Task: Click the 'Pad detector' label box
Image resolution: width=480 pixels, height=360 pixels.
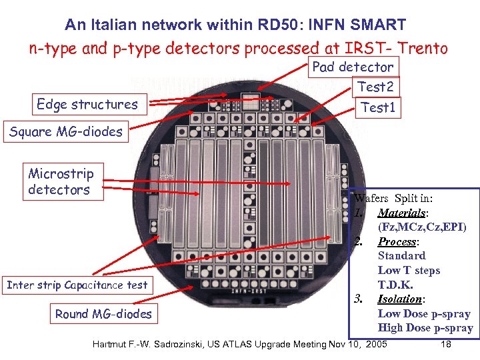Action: pyautogui.click(x=353, y=67)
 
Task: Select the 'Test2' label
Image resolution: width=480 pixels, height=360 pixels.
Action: pyautogui.click(x=375, y=87)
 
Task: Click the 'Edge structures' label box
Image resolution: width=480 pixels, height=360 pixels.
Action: pyautogui.click(x=87, y=105)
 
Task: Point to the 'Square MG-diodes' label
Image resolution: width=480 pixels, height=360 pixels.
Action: pyautogui.click(x=66, y=131)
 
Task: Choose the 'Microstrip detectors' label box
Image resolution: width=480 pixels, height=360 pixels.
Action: pyautogui.click(x=61, y=182)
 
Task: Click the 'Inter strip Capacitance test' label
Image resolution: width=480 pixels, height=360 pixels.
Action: pyautogui.click(x=77, y=285)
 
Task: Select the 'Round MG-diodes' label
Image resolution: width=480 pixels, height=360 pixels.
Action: pyautogui.click(x=103, y=314)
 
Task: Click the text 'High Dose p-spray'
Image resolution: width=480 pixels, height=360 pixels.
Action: pyautogui.click(x=425, y=328)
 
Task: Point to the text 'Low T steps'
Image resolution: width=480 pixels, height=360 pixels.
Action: pyautogui.click(x=409, y=271)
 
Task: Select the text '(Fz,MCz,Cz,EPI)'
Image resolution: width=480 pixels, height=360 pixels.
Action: pyautogui.click(x=422, y=227)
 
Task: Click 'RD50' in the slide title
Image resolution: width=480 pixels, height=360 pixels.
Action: pyautogui.click(x=259, y=25)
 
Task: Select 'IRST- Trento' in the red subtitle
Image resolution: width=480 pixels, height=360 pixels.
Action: pyautogui.click(x=399, y=48)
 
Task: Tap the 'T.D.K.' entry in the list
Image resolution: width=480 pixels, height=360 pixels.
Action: pyautogui.click(x=395, y=285)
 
